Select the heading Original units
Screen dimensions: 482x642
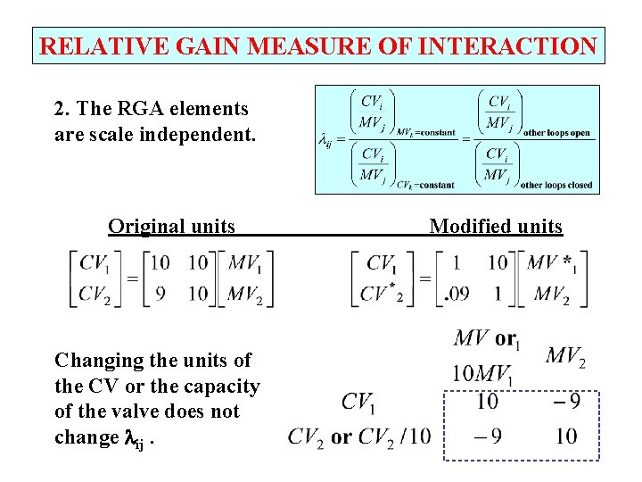click(172, 226)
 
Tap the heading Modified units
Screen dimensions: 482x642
click(496, 226)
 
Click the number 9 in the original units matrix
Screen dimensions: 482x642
click(160, 294)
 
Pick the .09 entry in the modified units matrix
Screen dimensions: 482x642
click(459, 294)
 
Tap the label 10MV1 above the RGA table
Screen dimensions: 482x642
click(482, 373)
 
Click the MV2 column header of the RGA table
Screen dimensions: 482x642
click(564, 357)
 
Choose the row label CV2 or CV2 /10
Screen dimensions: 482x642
click(358, 436)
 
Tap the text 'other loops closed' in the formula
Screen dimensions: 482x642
click(556, 186)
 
